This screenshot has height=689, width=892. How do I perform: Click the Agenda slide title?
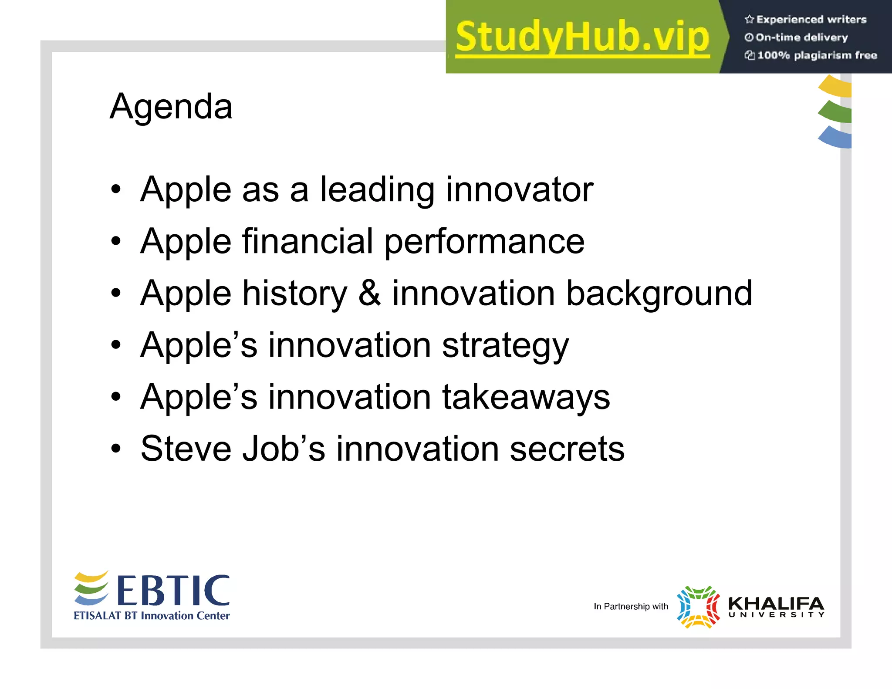(x=171, y=107)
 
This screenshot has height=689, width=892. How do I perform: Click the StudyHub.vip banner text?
(x=582, y=37)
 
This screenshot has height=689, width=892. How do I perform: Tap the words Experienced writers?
(x=811, y=19)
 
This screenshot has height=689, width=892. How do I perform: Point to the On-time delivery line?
(x=801, y=37)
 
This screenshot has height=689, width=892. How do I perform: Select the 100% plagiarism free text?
(x=817, y=55)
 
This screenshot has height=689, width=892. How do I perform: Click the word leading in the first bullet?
(x=377, y=190)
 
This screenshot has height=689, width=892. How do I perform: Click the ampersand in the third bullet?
(x=370, y=293)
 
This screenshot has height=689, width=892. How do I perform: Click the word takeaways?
(x=526, y=397)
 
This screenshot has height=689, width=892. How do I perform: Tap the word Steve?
(x=186, y=449)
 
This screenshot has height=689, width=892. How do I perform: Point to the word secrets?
(x=567, y=449)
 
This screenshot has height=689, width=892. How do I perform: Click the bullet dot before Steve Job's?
(x=115, y=448)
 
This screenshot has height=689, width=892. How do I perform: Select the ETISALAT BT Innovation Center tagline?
(x=152, y=616)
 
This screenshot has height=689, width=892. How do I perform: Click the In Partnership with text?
(x=631, y=606)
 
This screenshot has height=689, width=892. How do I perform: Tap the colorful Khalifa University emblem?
(x=698, y=607)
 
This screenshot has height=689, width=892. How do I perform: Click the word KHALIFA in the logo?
(x=776, y=604)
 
